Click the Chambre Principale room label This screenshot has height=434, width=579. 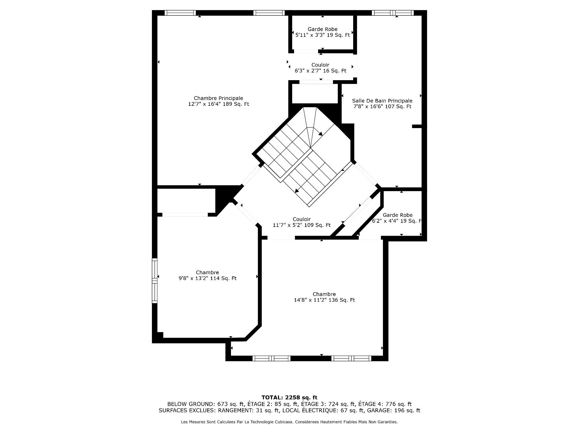point(218,98)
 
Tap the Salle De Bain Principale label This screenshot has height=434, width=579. point(382,101)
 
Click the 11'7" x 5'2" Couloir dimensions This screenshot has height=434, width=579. point(289,225)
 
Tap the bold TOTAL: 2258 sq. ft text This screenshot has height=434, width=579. point(289,398)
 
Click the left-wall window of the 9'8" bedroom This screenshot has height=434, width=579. point(155,281)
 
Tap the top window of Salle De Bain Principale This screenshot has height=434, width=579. point(392,13)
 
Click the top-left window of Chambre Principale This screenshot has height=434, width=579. point(180,13)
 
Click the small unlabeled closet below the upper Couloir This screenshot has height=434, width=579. point(315,94)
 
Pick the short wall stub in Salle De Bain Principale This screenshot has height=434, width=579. point(417,127)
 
